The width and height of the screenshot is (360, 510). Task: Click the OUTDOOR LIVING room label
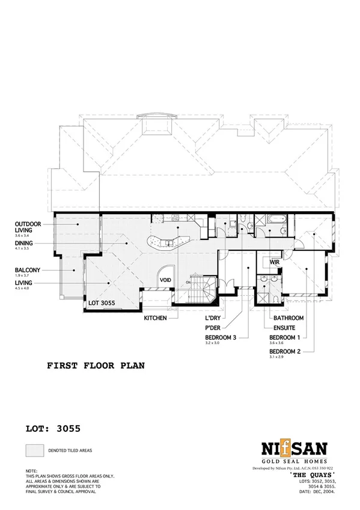[x=28, y=227]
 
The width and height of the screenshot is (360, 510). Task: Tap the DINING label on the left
[x=24, y=244]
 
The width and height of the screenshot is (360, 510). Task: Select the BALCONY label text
[x=28, y=270]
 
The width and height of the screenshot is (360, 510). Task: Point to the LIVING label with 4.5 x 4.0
[x=23, y=283]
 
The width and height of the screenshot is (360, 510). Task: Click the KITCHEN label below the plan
[x=155, y=318]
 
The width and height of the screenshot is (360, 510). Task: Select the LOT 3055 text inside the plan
[x=102, y=303]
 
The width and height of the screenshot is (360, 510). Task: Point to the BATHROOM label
[x=288, y=318]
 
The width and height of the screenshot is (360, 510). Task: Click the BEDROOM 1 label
[x=286, y=338]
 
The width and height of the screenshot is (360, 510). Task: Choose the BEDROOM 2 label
[x=286, y=351]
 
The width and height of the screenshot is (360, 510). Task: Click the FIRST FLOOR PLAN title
[x=96, y=365]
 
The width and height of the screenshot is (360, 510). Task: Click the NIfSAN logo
[x=293, y=449]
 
